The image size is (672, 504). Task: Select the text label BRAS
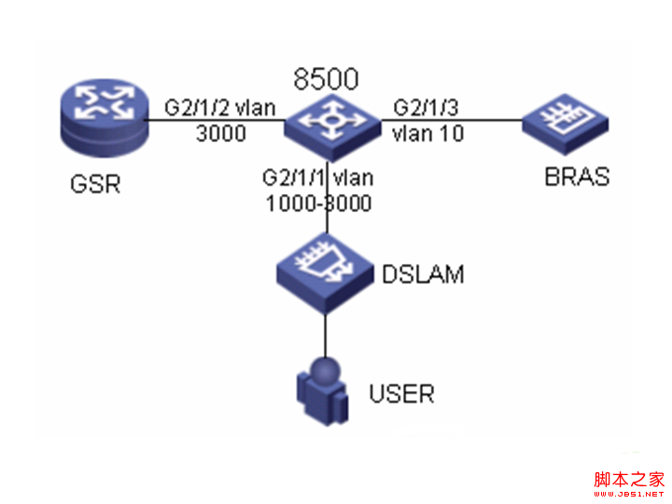(577, 175)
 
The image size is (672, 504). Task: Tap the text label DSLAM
(423, 274)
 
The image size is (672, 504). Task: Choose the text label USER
(402, 393)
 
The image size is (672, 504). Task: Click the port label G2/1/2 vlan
(220, 107)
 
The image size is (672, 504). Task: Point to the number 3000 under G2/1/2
(220, 133)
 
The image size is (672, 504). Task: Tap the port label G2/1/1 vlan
(318, 178)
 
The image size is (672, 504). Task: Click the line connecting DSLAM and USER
(325, 331)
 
